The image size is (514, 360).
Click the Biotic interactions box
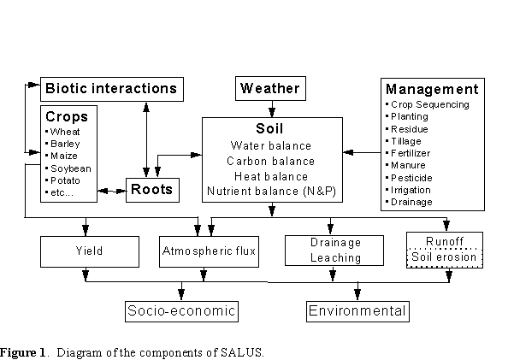pos(111,88)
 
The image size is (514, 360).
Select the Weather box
pos(270,88)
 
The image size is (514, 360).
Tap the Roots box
pos(150,190)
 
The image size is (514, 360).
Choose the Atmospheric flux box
pos(210,251)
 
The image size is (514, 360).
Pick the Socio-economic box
pos(180,310)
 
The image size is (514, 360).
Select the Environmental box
pos(358,310)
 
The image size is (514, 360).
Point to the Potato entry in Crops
pos(65,181)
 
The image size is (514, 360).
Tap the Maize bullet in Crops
pos(65,156)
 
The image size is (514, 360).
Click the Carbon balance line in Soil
pos(271,161)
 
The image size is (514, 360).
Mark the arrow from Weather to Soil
pos(271,108)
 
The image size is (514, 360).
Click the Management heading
pos(432,89)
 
